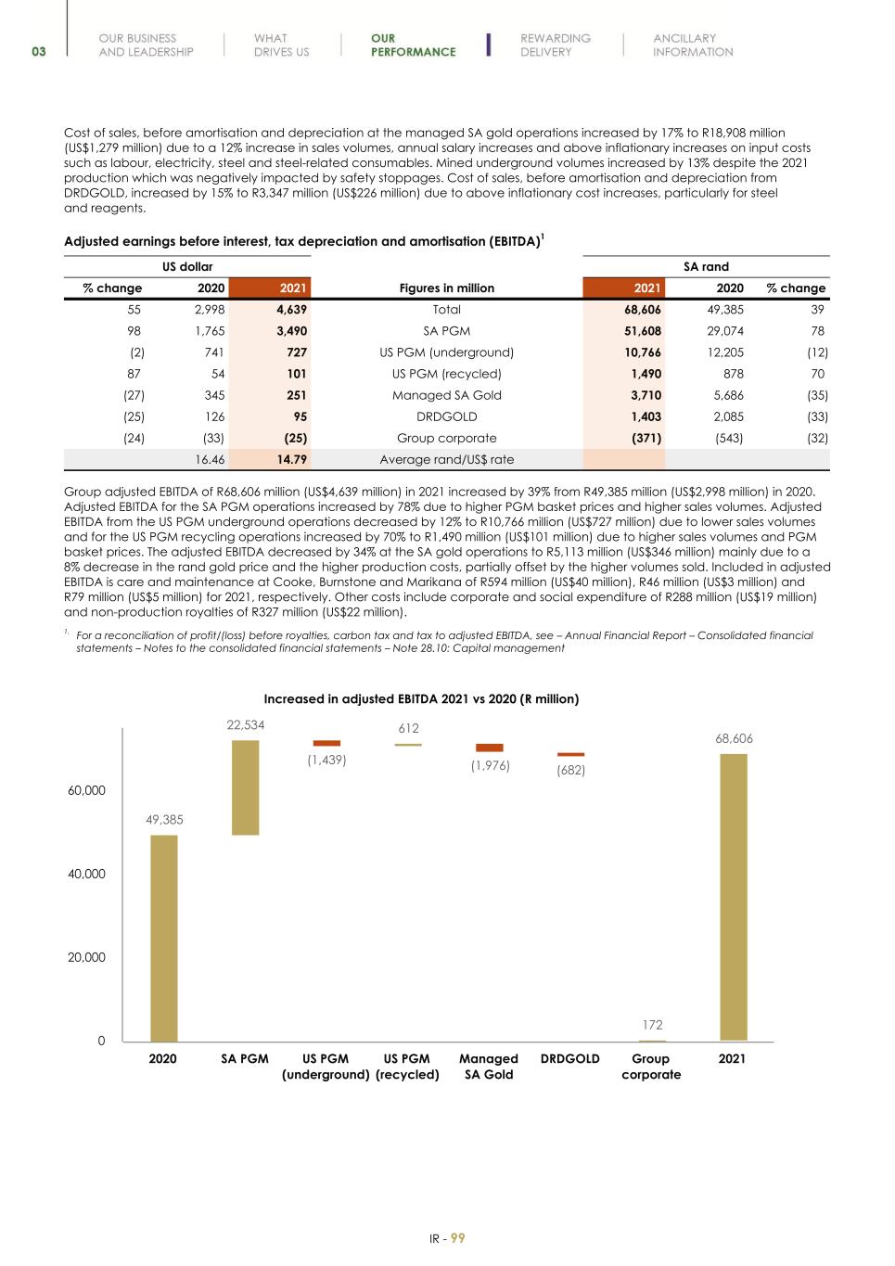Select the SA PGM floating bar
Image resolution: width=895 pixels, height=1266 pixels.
coord(245,787)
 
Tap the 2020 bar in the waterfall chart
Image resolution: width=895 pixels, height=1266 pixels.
coord(163,937)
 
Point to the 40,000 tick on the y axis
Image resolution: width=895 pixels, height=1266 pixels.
coord(86,874)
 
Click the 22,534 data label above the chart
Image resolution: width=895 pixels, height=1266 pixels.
coord(245,725)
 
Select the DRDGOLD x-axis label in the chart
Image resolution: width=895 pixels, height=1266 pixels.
coord(569,1058)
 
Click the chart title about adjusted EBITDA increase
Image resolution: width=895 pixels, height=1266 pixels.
coord(421,698)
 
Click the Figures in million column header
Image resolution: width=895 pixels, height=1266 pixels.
coord(446,288)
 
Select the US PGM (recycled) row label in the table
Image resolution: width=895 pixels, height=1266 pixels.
coord(446,374)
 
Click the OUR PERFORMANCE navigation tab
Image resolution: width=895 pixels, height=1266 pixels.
coord(413,45)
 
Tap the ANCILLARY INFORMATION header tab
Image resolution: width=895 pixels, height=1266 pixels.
coord(692,45)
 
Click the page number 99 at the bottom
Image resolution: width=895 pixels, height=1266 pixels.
coord(458,1238)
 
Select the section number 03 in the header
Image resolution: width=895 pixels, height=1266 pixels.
coord(38,52)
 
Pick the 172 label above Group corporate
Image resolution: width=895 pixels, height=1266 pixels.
coord(652,1025)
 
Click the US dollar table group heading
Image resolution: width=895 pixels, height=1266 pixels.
coord(187,267)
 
